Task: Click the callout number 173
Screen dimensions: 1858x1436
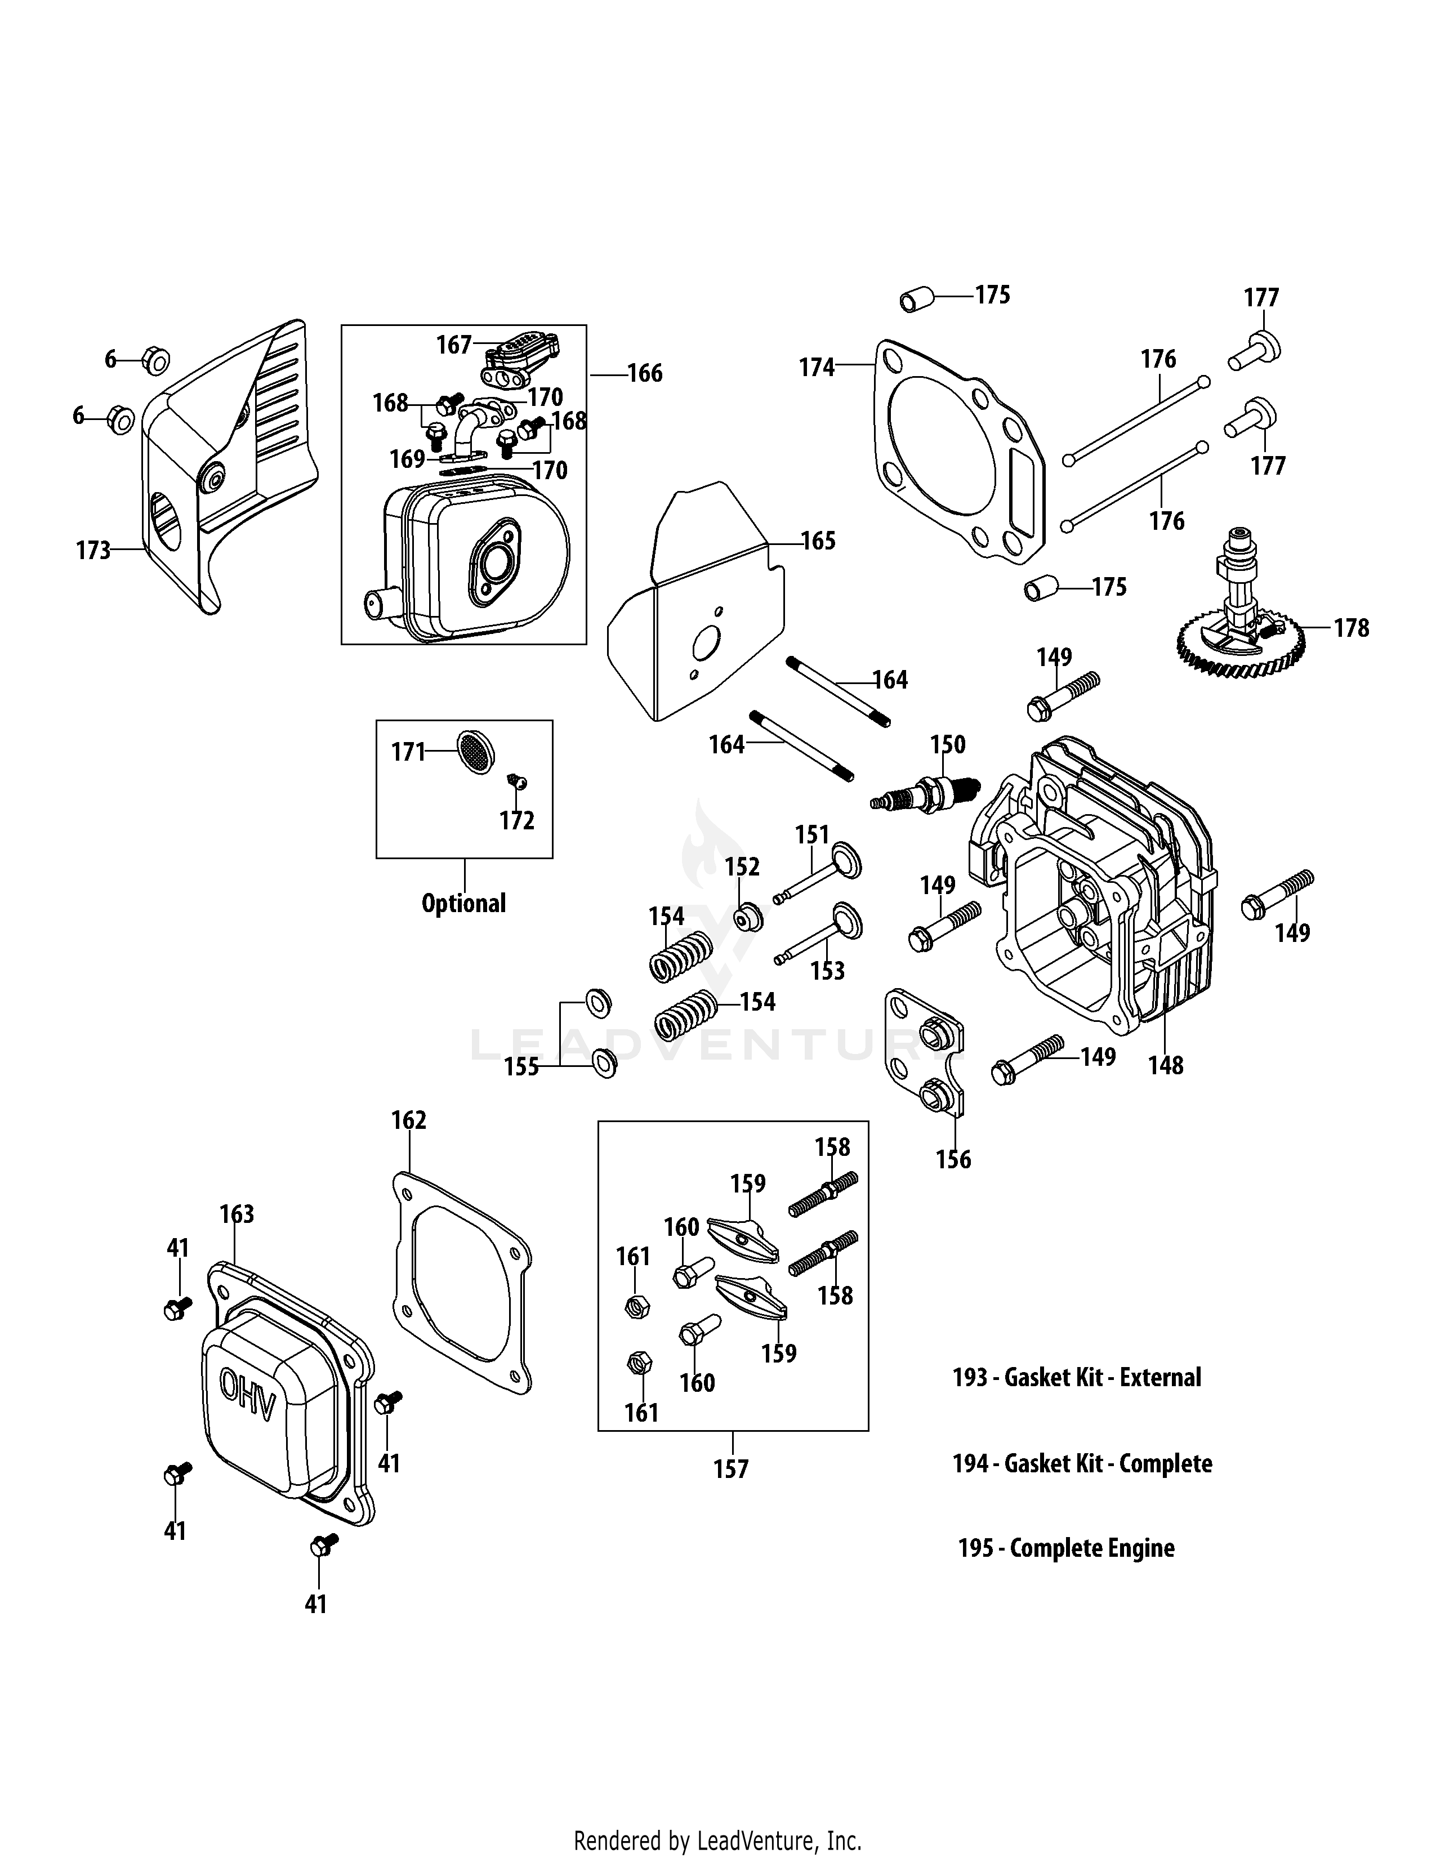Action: [93, 551]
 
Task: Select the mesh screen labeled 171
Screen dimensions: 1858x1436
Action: [475, 751]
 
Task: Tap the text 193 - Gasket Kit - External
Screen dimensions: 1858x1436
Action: [1076, 1377]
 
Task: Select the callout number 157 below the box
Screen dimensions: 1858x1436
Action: [731, 1469]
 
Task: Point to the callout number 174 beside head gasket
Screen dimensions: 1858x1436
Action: [817, 368]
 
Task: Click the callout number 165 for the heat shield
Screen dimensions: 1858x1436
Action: [818, 541]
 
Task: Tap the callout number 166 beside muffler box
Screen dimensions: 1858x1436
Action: [645, 373]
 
